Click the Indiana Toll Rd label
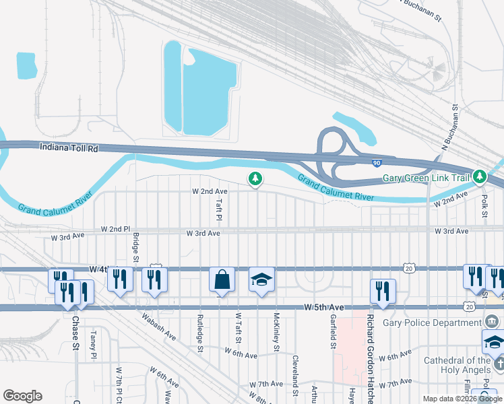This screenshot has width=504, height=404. click(x=69, y=147)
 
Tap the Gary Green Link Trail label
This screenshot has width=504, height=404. click(x=426, y=178)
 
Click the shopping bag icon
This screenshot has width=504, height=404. click(x=222, y=279)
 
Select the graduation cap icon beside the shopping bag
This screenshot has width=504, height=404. click(x=261, y=279)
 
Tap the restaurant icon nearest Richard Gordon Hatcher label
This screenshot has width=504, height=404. click(x=382, y=292)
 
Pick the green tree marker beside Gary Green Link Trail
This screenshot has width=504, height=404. click(x=480, y=177)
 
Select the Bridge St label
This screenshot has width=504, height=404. click(x=135, y=248)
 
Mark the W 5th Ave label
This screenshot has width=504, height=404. click(x=324, y=308)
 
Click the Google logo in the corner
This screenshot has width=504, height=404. click(x=22, y=396)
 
